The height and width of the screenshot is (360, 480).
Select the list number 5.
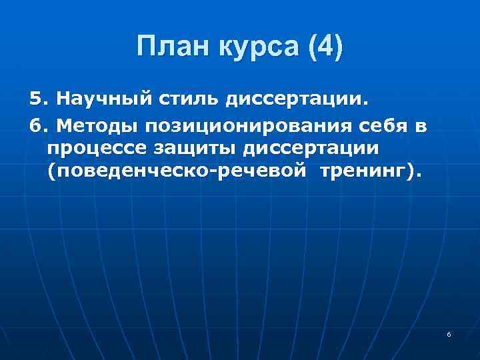click(x=37, y=99)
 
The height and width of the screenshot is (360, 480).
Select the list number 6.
click(x=37, y=126)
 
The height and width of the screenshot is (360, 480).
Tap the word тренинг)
click(x=370, y=171)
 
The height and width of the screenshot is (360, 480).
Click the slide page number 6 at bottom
click(x=449, y=333)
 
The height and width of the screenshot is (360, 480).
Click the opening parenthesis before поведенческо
click(x=51, y=171)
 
